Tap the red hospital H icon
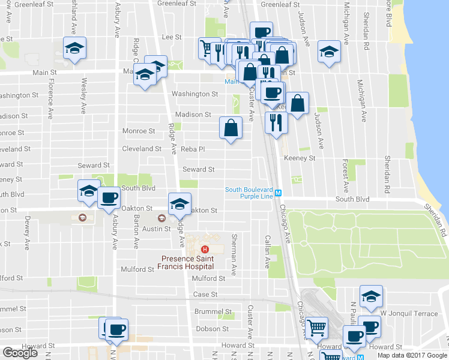tap(205, 250)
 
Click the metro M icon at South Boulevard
tap(279, 193)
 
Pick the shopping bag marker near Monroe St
tap(231, 128)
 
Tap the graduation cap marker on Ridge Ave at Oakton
tap(179, 204)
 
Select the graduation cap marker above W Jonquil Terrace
tap(371, 296)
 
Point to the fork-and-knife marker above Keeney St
tap(276, 123)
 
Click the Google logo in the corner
tap(20, 352)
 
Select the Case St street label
tap(205, 295)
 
